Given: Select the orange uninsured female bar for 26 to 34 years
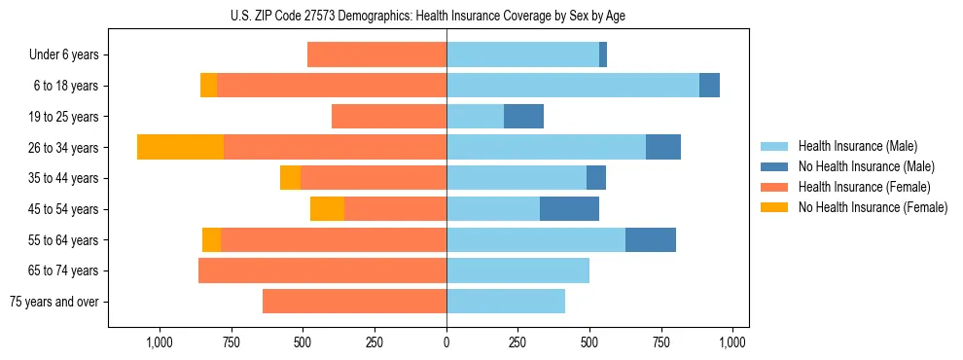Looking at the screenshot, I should (x=180, y=147).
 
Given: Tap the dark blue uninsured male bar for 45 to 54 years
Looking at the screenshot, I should (x=569, y=209).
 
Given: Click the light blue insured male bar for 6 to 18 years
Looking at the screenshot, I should (x=572, y=86).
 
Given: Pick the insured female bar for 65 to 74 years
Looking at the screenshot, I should (x=322, y=270).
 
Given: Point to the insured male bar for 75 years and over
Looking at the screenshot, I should (x=506, y=302).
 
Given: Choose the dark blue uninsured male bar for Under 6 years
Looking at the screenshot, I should (x=603, y=54).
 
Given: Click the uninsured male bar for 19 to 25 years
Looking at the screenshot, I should (x=523, y=117).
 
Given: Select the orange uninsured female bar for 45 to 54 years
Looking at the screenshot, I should (x=327, y=209).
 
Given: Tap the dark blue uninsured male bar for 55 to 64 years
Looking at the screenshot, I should (x=650, y=240).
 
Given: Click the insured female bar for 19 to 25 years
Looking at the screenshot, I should (x=389, y=117).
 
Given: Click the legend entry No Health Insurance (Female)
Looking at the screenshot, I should (x=873, y=207).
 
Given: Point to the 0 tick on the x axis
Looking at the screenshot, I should (x=446, y=342).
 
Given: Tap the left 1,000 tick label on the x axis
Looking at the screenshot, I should (x=159, y=342).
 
